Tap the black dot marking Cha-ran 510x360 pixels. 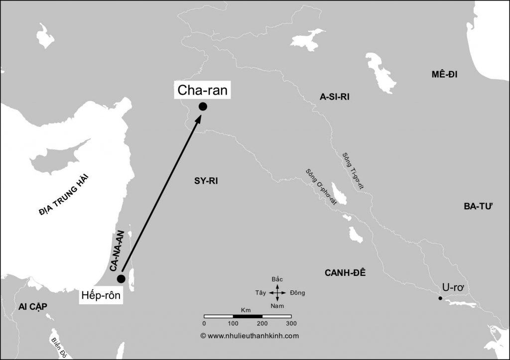pos(203,106)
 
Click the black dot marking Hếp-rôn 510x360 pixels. pos(121,278)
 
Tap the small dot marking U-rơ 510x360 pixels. pos(440,298)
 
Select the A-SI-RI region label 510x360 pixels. pos(335,97)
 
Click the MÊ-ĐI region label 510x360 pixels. pos(445,75)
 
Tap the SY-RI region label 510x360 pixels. pos(206,181)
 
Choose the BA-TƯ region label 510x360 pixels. pos(480,206)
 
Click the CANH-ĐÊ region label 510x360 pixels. pos(345,272)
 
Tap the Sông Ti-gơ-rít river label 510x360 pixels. pos(353,170)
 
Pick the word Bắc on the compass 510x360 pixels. pos(277,279)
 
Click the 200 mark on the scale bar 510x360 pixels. pos(262,323)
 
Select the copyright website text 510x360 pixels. pos(250,336)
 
